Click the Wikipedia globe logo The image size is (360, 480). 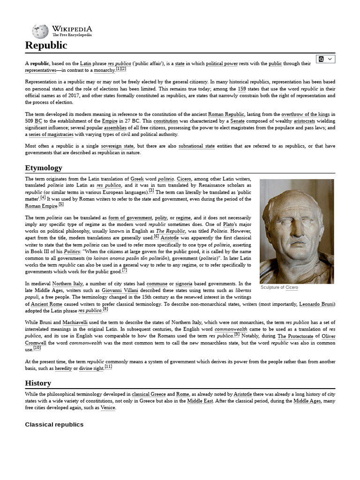40,31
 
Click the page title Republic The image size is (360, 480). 46,45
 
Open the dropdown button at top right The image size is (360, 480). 326,59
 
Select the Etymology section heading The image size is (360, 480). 43,168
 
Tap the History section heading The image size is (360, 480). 38,383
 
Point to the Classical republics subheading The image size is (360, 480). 54,424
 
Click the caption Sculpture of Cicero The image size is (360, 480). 279,287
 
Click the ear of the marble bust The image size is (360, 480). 269,225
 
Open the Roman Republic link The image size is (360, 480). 226,114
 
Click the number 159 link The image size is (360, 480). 242,89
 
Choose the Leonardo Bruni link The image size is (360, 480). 317,304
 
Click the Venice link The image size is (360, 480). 108,408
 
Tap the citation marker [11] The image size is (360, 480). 108,367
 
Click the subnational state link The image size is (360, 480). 196,146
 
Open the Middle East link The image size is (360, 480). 202,401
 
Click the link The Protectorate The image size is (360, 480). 295,337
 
